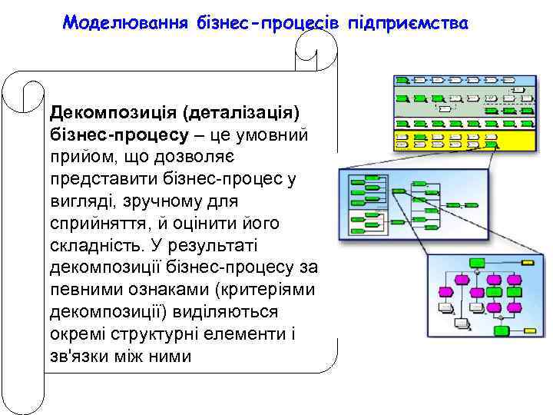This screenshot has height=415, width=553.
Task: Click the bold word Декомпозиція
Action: click(x=113, y=115)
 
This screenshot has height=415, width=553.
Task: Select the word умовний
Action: click(x=276, y=136)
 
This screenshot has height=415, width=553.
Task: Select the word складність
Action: click(x=89, y=245)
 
